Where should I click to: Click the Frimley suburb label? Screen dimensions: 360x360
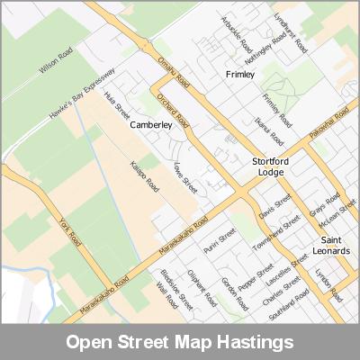[241, 74]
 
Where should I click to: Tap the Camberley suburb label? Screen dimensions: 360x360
[150, 125]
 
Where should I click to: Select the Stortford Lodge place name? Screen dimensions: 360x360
[267, 166]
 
